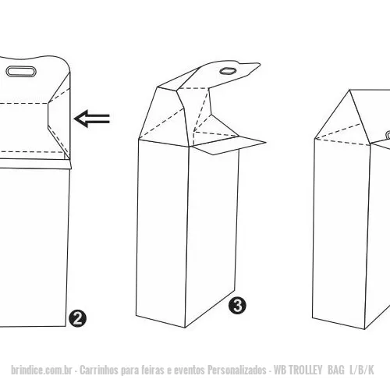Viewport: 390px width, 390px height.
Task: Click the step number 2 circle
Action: (x=78, y=318)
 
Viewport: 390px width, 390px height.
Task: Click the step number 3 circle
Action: (x=238, y=306)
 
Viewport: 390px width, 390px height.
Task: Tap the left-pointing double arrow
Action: (x=92, y=119)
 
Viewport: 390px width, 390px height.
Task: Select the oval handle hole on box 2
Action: (x=21, y=72)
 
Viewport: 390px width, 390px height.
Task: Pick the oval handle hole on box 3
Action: (x=228, y=71)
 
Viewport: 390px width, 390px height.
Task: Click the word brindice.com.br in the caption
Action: (x=41, y=370)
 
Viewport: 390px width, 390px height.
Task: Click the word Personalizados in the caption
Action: (x=237, y=370)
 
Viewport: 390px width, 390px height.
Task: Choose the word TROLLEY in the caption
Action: (x=306, y=370)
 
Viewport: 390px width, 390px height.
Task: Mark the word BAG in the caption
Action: (x=336, y=370)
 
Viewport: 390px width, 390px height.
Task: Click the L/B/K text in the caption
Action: (x=362, y=370)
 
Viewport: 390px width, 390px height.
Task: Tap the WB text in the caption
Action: (x=280, y=370)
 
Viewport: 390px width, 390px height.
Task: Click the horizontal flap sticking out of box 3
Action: (x=230, y=146)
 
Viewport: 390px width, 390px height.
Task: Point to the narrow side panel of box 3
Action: (x=211, y=234)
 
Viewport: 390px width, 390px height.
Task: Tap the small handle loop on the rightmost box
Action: (x=388, y=135)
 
